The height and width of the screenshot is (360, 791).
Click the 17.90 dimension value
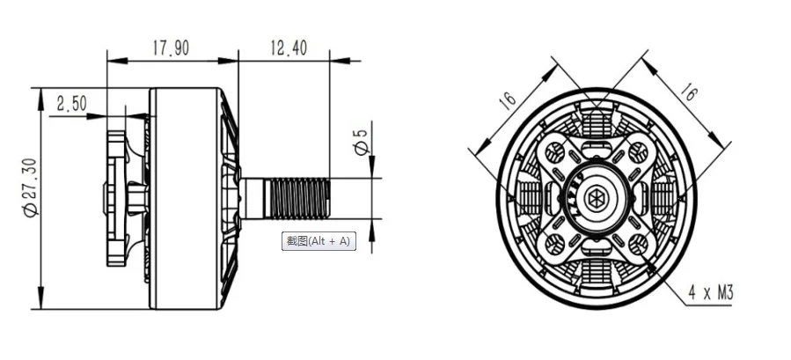(x=171, y=48)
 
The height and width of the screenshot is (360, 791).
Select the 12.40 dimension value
(x=289, y=48)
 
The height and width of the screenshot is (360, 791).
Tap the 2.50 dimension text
(x=71, y=104)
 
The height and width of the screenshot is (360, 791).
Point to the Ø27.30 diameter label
(x=30, y=187)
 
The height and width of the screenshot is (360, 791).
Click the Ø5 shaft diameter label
(x=362, y=142)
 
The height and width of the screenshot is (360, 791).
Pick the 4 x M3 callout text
(x=710, y=292)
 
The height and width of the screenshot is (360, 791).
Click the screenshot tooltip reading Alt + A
(x=319, y=241)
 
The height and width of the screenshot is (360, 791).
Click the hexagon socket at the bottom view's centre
(x=597, y=197)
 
